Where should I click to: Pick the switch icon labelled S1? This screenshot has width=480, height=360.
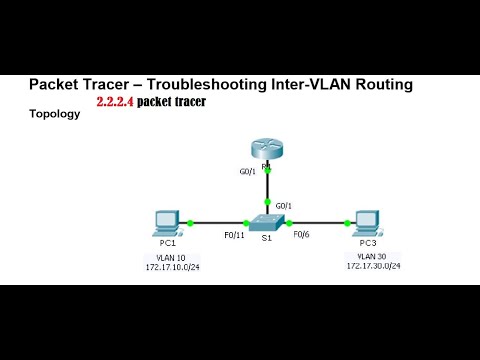(x=266, y=223)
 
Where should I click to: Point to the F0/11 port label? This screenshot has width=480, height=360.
(x=232, y=236)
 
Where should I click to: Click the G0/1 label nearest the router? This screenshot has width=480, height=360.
(x=248, y=171)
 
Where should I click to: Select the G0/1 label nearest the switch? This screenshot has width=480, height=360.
(x=283, y=206)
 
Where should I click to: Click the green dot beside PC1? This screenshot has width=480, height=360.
(x=190, y=223)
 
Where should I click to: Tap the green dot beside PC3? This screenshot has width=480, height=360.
(x=343, y=223)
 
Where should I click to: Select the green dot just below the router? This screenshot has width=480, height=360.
(x=266, y=168)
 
